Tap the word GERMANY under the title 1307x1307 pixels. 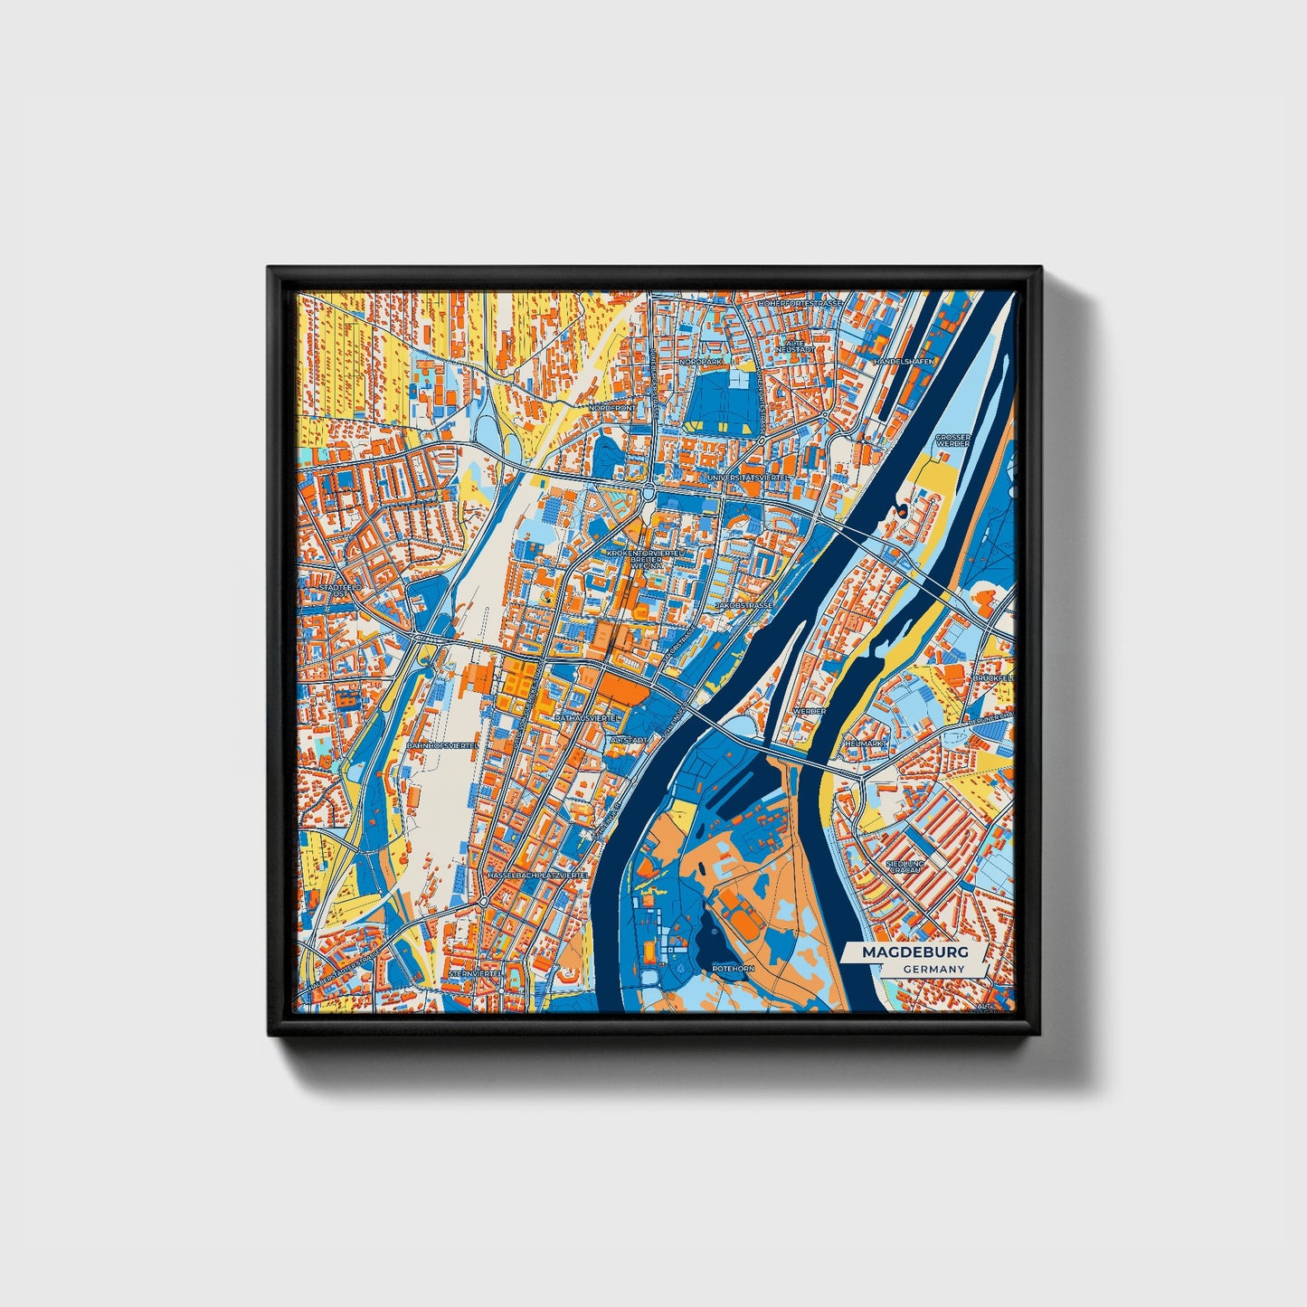pyautogui.click(x=932, y=970)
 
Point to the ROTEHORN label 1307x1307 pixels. pyautogui.click(x=733, y=968)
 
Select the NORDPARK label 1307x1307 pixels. pyautogui.click(x=700, y=361)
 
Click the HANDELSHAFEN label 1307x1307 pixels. pyautogui.click(x=903, y=361)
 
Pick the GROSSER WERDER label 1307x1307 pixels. pyautogui.click(x=953, y=440)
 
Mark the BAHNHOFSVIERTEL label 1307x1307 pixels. pyautogui.click(x=442, y=745)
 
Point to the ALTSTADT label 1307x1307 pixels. pyautogui.click(x=629, y=740)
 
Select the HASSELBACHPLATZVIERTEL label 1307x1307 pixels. pyautogui.click(x=537, y=876)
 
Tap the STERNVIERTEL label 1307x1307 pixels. pyautogui.click(x=474, y=973)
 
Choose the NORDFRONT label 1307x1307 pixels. pyautogui.click(x=611, y=408)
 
